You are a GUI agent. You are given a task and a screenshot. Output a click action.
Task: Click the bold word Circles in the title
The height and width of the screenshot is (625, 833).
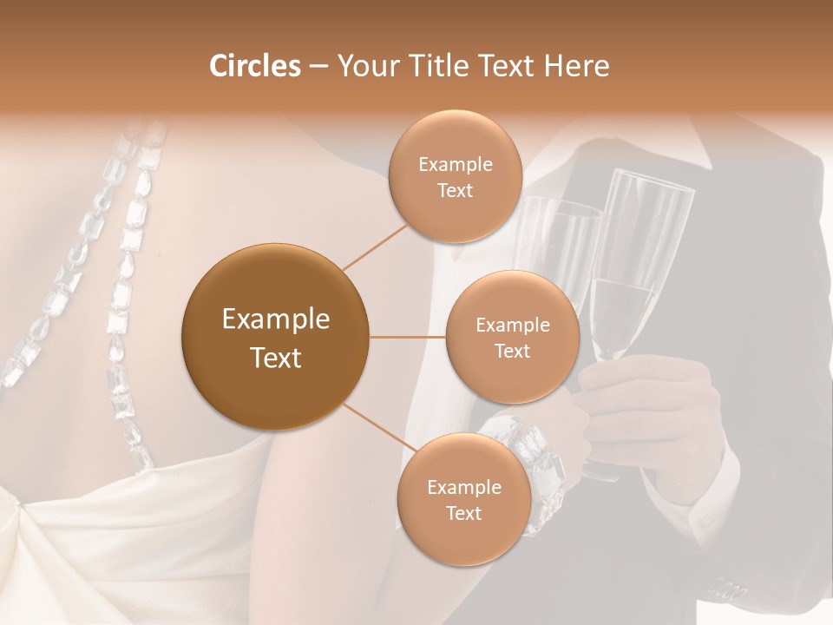click(255, 66)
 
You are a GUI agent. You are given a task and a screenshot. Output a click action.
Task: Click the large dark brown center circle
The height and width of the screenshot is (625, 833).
click(276, 337)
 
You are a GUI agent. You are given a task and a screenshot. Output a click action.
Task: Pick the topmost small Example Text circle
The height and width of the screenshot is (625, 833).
click(456, 176)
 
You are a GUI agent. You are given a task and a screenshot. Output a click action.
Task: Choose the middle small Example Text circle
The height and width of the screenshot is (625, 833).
click(513, 337)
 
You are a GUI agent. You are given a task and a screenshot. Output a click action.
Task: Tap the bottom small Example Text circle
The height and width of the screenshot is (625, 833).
click(464, 500)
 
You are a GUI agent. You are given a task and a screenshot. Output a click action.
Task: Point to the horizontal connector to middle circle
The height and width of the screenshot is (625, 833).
click(408, 337)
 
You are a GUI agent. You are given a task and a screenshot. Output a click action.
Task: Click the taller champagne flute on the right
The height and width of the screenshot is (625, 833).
click(638, 260)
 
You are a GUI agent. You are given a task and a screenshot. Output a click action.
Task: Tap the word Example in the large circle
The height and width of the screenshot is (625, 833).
click(276, 319)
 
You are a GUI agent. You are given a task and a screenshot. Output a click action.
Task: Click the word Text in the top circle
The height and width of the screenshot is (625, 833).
click(456, 190)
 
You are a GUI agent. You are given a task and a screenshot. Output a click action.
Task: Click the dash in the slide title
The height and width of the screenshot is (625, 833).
click(318, 66)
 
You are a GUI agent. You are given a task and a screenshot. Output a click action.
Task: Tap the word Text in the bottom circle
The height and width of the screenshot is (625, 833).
click(464, 513)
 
